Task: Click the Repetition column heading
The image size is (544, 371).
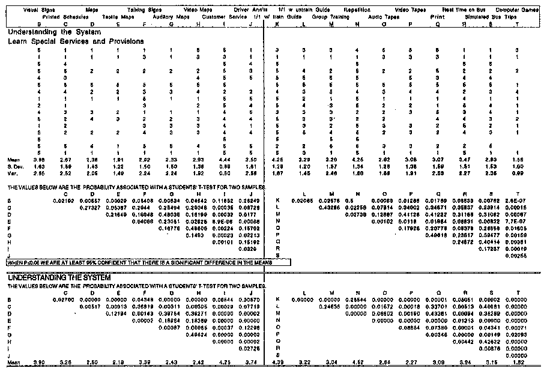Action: (x=357, y=10)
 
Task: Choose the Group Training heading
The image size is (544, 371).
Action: (x=331, y=16)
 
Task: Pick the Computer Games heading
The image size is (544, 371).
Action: (x=518, y=10)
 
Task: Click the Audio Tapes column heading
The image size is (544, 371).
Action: (x=383, y=16)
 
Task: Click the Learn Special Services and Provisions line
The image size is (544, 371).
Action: (x=76, y=41)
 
